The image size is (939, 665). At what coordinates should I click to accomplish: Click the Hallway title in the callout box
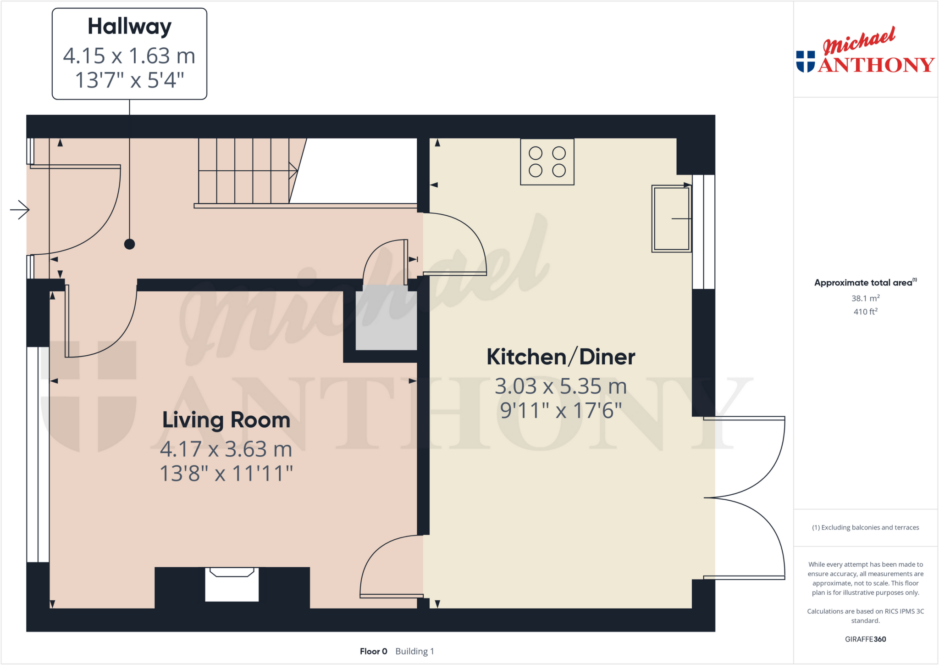[x=129, y=27]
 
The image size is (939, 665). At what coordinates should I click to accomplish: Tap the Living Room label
[x=226, y=420]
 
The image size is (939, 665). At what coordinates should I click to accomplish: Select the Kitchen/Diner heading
[x=561, y=357]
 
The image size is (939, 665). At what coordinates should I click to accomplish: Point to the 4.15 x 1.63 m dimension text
[x=129, y=56]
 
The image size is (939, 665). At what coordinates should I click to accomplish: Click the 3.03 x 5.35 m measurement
[x=561, y=386]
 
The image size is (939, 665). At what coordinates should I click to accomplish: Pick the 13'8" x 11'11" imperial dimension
[x=226, y=474]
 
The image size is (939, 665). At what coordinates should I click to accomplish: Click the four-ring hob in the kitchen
[x=547, y=162]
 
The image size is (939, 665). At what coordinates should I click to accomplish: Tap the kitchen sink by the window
[x=671, y=219]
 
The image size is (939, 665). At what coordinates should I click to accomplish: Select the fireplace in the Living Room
[x=232, y=584]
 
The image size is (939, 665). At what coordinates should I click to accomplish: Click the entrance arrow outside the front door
[x=20, y=210]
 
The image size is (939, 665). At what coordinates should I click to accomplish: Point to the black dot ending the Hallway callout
[x=130, y=244]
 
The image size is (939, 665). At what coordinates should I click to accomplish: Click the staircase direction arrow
[x=293, y=171]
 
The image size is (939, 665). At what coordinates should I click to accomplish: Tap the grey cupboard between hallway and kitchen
[x=386, y=318]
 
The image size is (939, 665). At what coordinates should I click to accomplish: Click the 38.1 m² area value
[x=865, y=298]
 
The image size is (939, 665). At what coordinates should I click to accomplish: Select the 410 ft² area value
[x=865, y=312]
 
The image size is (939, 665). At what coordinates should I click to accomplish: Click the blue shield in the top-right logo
[x=806, y=61]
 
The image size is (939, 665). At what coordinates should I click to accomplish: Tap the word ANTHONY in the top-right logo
[x=876, y=65]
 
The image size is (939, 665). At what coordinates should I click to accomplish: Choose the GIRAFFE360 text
[x=865, y=639]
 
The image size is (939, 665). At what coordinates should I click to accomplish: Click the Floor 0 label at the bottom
[x=373, y=651]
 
